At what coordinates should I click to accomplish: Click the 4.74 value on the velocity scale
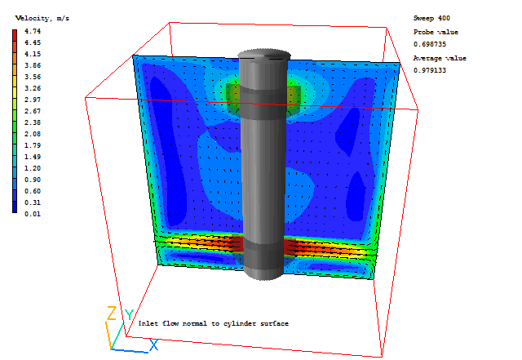point(33,31)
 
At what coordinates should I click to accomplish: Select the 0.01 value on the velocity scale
point(33,214)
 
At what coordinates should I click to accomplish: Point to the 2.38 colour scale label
point(33,122)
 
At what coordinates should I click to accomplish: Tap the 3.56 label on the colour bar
point(33,77)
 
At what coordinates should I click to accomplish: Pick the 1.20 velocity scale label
point(33,168)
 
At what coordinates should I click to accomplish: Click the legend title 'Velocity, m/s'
point(42,19)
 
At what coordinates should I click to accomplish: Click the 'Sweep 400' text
point(431,18)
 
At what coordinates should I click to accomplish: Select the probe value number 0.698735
point(430,44)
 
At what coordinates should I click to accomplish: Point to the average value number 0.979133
point(430,70)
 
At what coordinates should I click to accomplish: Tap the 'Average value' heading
point(440,58)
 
